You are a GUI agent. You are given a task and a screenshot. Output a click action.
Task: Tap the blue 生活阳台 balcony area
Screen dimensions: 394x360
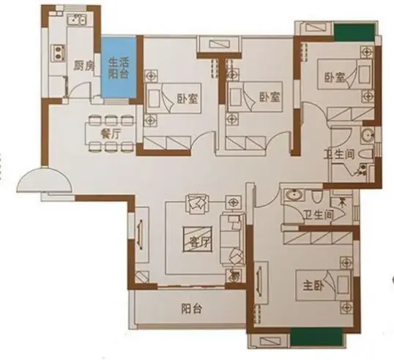119,68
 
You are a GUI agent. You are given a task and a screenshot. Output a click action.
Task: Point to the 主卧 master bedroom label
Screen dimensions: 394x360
313,285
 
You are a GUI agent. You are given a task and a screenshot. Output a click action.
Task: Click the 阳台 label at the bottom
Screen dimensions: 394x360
191,309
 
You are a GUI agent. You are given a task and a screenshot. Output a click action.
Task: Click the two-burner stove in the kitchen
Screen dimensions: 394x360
59,53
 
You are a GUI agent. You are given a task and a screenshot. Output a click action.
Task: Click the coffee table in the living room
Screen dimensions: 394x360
198,239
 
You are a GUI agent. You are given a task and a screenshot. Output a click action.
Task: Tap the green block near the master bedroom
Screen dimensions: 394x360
316,337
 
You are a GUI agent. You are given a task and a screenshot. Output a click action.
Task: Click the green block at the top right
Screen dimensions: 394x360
354,32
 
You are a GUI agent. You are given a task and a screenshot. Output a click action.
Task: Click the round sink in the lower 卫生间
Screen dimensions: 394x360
290,195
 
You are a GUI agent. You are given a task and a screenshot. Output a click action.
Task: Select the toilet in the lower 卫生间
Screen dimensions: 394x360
316,197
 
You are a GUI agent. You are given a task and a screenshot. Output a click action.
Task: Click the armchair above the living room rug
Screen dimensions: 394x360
197,204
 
